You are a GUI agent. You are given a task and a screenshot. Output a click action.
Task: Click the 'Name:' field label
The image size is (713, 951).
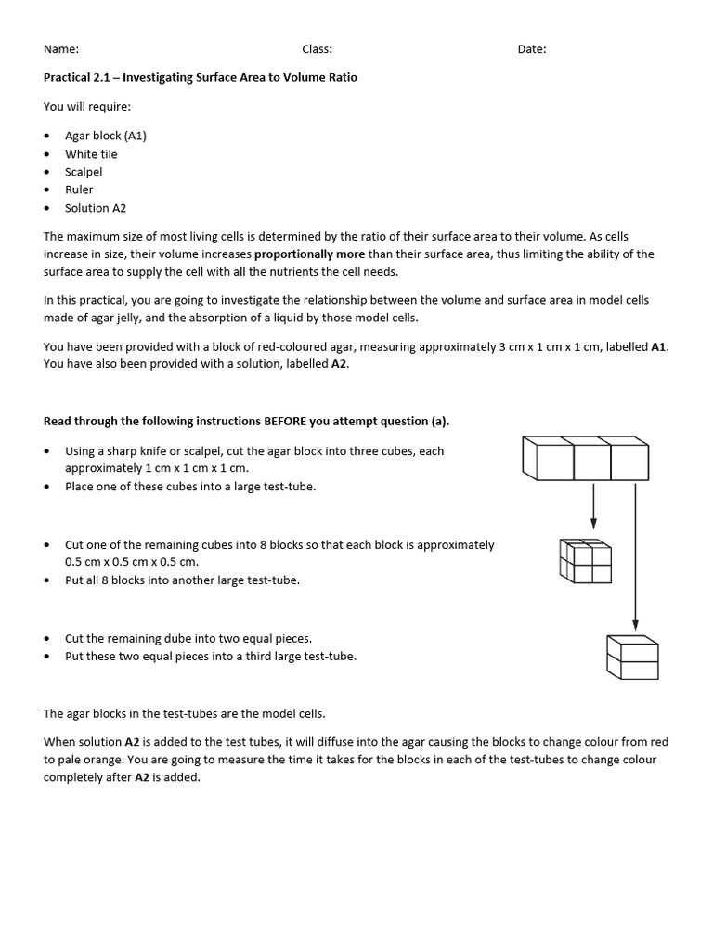pyautogui.click(x=61, y=49)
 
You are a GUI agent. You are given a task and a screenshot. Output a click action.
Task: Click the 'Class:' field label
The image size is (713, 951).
pyautogui.click(x=317, y=49)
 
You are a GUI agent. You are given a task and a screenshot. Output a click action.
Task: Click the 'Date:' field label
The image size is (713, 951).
pyautogui.click(x=532, y=49)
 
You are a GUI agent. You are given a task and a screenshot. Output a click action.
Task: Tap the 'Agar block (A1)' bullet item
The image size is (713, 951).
pyautogui.click(x=106, y=136)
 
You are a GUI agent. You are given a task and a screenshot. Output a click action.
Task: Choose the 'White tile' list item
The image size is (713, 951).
pyautogui.click(x=91, y=154)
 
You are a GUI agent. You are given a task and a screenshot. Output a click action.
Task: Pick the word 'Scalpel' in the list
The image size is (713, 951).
pyautogui.click(x=84, y=172)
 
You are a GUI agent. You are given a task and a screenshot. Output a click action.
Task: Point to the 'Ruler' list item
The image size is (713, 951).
pyautogui.click(x=79, y=189)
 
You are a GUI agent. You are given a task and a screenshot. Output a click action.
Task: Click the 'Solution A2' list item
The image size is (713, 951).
pyautogui.click(x=95, y=208)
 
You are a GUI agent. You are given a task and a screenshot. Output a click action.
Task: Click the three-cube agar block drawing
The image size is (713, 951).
pyautogui.click(x=585, y=458)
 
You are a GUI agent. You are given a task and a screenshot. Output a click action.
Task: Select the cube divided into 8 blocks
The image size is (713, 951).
pyautogui.click(x=585, y=561)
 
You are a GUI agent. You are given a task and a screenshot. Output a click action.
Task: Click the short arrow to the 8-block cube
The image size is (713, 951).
pyautogui.click(x=593, y=508)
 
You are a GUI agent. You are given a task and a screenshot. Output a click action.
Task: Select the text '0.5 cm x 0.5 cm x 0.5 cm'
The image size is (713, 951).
pyautogui.click(x=132, y=562)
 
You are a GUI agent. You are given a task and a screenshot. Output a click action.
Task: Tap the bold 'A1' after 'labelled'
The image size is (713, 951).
pyautogui.click(x=658, y=346)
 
